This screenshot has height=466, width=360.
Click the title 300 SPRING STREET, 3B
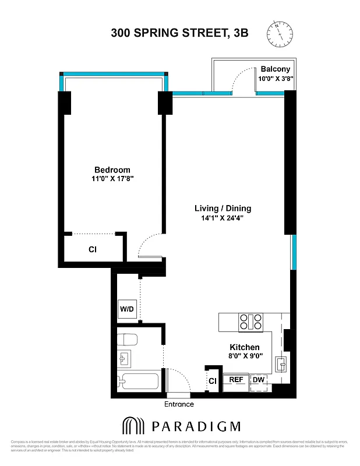179,33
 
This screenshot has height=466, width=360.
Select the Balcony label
275,68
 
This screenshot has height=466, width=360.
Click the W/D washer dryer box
127,309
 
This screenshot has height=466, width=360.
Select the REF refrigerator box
236,379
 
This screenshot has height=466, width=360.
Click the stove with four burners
249,322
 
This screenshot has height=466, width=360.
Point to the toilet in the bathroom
128,339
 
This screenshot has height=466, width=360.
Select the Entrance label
179,404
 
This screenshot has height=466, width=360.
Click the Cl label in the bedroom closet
92,249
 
